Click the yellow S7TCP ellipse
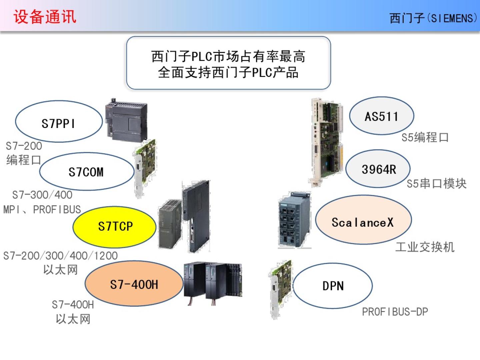click(114, 227)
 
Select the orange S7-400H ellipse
click(134, 284)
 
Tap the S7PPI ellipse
click(58, 122)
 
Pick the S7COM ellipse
click(86, 172)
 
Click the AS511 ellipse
click(381, 116)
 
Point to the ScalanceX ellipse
click(363, 221)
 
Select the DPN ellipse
click(333, 286)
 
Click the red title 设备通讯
click(45, 17)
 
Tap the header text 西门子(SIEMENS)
click(433, 18)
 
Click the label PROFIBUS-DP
click(395, 312)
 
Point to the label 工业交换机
click(425, 247)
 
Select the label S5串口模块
click(436, 184)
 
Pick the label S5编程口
click(425, 137)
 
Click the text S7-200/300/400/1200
click(60, 256)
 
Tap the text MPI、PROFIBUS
click(42, 210)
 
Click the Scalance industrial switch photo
click(294, 220)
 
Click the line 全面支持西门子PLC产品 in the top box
click(228, 72)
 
